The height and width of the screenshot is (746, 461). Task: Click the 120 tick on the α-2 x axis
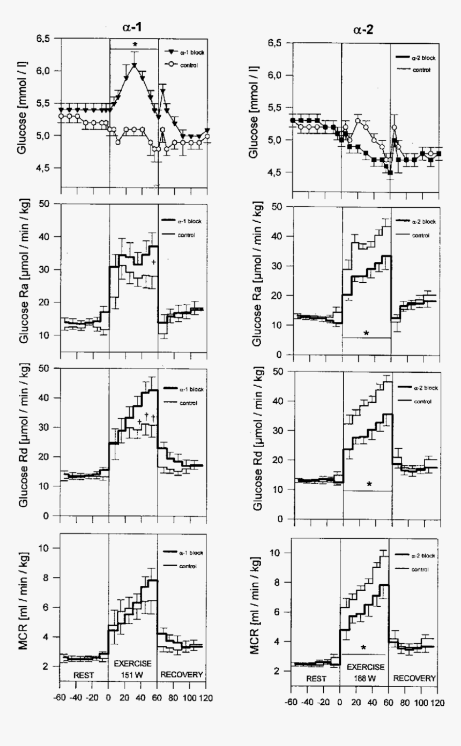coord(438,702)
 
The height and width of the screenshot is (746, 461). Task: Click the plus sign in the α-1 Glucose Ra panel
coord(153,262)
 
